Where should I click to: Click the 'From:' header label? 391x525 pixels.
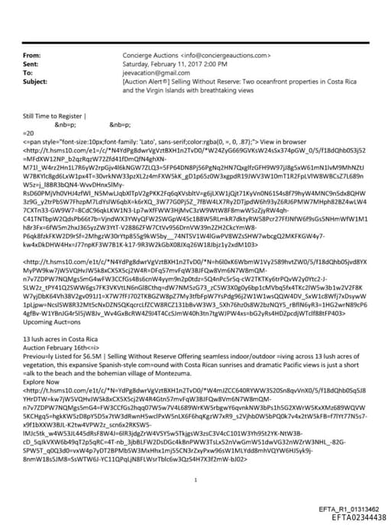(x=32, y=56)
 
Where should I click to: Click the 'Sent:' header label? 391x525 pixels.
(x=31, y=64)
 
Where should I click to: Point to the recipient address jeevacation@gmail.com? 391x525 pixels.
(x=152, y=72)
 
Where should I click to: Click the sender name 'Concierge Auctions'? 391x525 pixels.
(x=150, y=56)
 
